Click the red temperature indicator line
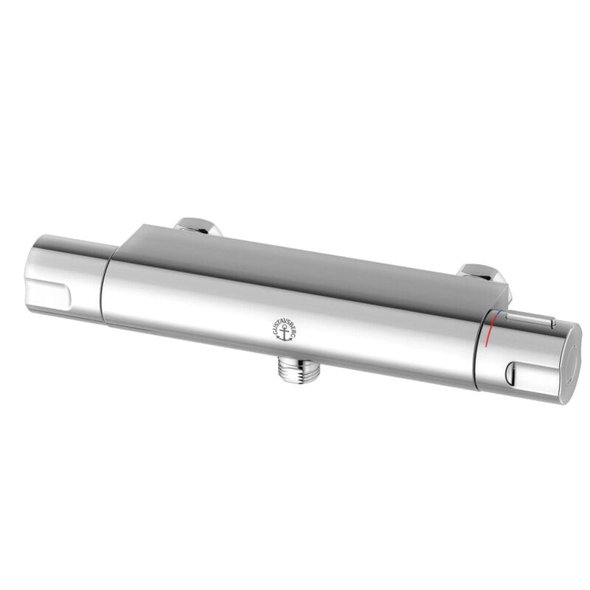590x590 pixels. coord(490,336)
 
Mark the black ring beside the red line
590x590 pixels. coord(484,347)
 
